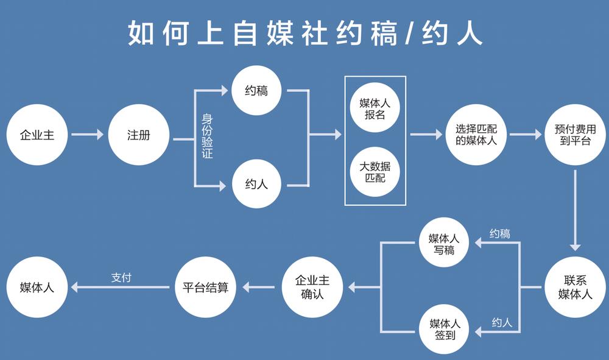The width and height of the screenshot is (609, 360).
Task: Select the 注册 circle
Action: (x=138, y=135)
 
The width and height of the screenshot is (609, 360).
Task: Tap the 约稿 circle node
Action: (x=256, y=91)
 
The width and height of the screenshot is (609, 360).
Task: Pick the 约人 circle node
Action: (x=256, y=183)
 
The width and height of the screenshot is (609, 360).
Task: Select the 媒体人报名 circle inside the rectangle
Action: (x=375, y=108)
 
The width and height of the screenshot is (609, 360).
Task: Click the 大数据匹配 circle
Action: (x=375, y=172)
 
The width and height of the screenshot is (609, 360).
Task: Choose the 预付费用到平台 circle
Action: (x=575, y=135)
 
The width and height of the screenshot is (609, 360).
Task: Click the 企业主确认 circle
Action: (x=312, y=286)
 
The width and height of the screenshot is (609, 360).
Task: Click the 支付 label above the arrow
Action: (x=121, y=277)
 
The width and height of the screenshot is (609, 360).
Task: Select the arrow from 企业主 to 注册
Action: (x=87, y=135)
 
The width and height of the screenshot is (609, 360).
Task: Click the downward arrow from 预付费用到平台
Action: (x=575, y=210)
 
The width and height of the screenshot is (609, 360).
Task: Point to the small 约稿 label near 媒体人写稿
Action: (x=499, y=233)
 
